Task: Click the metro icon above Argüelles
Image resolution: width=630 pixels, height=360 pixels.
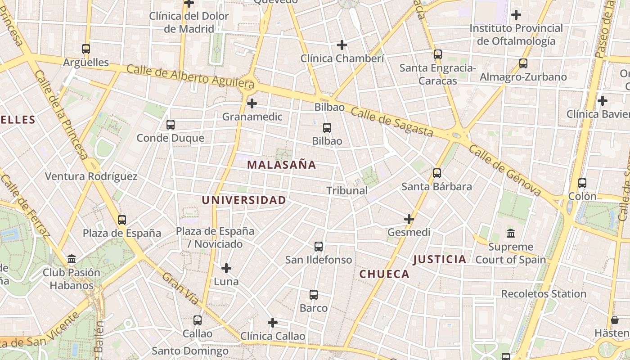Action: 85,49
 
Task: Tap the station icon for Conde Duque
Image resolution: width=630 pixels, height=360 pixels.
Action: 170,125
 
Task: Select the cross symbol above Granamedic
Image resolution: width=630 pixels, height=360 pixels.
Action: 252,104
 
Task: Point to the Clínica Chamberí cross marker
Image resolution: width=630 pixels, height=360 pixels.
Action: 342,45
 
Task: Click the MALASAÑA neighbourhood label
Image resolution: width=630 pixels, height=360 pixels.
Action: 281,165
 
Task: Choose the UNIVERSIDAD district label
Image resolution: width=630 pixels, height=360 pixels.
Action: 244,200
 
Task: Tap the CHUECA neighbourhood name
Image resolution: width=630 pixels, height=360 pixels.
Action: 384,274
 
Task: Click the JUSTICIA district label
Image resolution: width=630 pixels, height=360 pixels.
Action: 440,259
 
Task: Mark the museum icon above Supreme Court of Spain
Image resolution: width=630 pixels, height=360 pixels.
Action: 511,234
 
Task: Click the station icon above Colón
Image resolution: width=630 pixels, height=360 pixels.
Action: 582,183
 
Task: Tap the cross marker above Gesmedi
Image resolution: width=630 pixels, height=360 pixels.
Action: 409,219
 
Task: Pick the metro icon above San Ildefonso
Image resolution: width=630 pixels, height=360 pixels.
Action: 319,247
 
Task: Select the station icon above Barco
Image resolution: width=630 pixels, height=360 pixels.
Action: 314,295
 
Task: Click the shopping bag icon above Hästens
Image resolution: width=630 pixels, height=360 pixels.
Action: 615,320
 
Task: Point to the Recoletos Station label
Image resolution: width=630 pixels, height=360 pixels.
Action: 544,294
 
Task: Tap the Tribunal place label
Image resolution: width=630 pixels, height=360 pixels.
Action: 347,191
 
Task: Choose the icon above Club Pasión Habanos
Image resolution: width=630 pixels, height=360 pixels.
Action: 72,259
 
